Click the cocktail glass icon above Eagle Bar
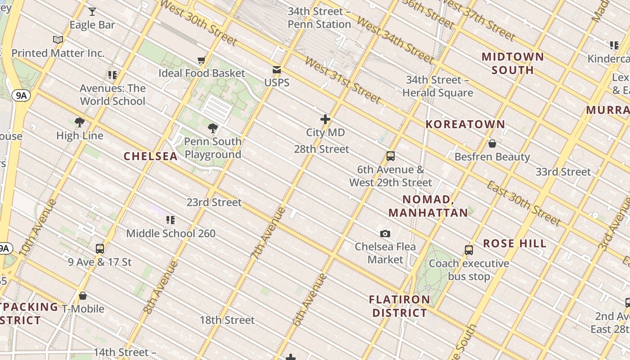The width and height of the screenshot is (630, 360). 92,11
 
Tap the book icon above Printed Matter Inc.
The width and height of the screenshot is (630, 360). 58,40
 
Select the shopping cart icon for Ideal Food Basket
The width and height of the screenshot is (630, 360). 201,60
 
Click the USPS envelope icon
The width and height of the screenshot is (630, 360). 277,70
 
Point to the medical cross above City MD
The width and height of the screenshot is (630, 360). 325,119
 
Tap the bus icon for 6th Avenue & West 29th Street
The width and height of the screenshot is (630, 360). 391,156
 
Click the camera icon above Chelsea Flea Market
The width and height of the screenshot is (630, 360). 385,234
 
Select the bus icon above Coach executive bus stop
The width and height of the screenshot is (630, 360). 469,250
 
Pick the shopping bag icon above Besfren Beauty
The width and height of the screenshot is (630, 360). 492,144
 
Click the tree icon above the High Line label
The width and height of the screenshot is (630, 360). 80,122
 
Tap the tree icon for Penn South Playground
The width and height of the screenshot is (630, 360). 213,128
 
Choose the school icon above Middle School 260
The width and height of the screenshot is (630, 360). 171,220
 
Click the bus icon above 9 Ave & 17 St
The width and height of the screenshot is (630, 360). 100,249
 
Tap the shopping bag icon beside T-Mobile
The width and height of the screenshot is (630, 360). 83,296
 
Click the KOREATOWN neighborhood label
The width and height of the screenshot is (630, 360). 465,124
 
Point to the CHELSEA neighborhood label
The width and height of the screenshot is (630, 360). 150,156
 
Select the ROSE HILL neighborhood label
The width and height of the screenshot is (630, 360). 515,243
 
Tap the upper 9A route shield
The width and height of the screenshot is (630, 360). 21,95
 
